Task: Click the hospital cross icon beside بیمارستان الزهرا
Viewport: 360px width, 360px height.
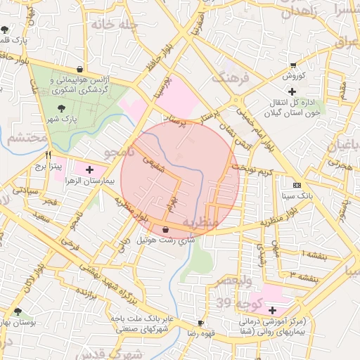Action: click(x=89, y=169)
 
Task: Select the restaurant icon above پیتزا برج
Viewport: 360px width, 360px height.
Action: click(x=48, y=155)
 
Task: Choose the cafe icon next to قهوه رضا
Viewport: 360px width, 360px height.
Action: click(x=201, y=323)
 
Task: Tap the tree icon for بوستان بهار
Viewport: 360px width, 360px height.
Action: click(x=17, y=311)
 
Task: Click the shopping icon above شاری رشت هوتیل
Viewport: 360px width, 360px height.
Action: click(x=165, y=229)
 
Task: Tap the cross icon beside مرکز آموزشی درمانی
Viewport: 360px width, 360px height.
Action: click(x=272, y=310)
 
